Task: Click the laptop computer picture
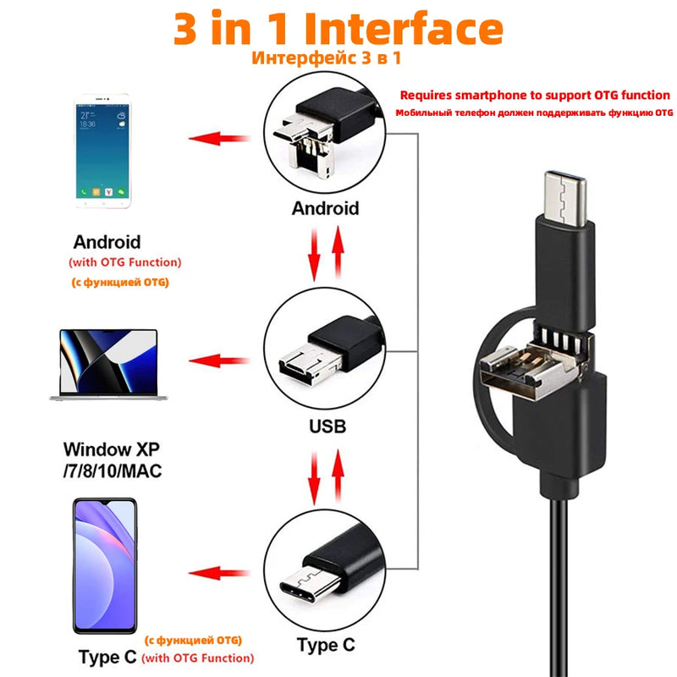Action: click(x=107, y=361)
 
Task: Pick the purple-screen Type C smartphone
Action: click(x=105, y=566)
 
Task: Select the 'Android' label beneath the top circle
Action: click(x=325, y=208)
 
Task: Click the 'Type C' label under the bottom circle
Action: click(x=327, y=647)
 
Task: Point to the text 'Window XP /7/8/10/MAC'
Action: click(x=112, y=459)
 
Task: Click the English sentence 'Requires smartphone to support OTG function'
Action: click(x=535, y=96)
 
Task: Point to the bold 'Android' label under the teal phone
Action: click(x=107, y=242)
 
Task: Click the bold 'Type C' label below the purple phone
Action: click(x=107, y=657)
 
